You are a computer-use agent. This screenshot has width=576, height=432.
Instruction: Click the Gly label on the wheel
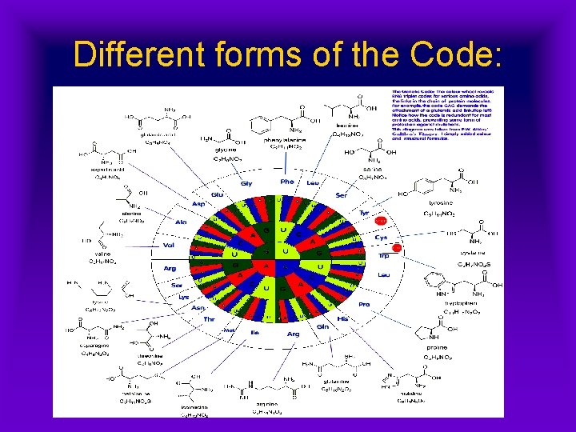(246, 183)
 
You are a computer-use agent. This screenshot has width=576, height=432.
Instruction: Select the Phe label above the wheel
(286, 182)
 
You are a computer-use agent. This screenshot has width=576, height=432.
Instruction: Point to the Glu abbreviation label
(217, 194)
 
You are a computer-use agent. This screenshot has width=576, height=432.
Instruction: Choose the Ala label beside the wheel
(181, 222)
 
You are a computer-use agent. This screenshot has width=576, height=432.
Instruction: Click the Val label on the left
(169, 246)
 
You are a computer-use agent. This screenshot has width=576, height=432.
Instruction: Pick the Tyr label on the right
(365, 213)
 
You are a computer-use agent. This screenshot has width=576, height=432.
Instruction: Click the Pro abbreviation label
(365, 304)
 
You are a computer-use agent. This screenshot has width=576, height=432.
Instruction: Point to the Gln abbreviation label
(323, 326)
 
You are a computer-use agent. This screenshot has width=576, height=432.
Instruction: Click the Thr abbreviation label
(210, 318)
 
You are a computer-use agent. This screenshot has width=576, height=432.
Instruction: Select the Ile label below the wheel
(256, 333)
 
